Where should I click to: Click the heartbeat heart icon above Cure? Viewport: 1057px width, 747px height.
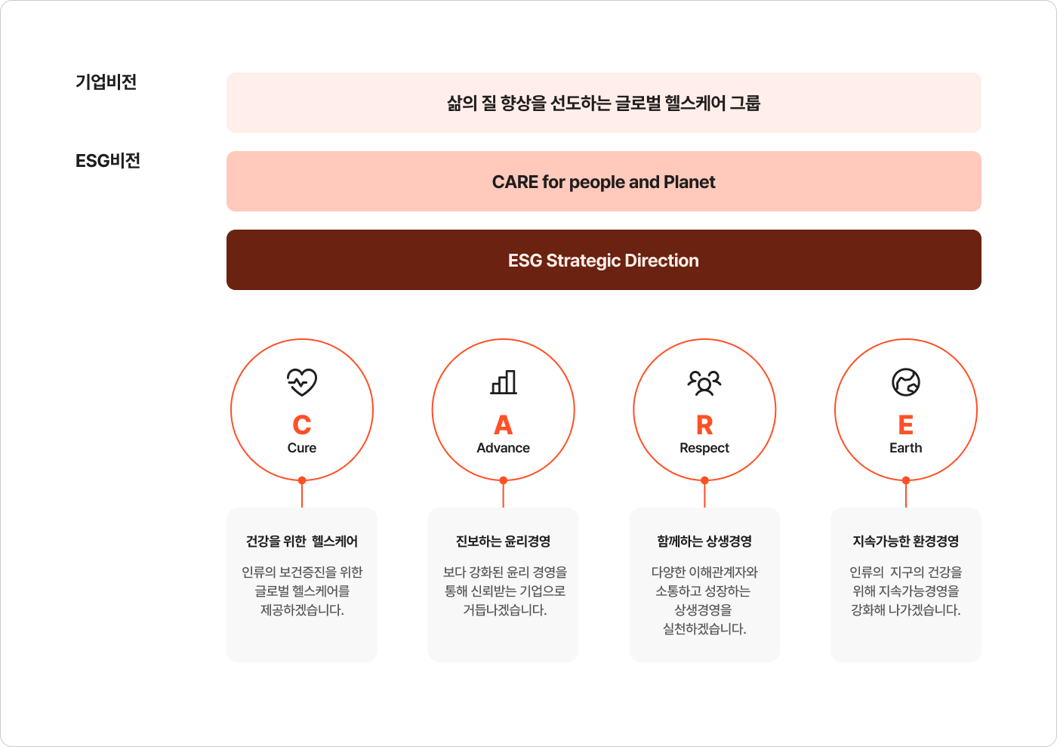(x=302, y=382)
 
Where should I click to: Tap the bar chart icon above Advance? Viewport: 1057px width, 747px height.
(x=504, y=382)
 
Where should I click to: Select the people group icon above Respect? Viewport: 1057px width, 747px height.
(x=704, y=382)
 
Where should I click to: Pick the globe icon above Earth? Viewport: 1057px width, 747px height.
(x=906, y=382)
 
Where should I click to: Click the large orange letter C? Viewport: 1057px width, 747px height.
(x=302, y=424)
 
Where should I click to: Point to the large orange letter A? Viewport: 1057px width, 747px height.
(x=504, y=424)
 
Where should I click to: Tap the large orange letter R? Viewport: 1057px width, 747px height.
(x=704, y=424)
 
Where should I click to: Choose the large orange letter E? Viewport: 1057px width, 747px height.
(x=906, y=424)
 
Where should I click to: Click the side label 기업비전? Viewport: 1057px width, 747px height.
(x=106, y=82)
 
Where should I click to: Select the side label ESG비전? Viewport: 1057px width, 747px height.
(x=108, y=160)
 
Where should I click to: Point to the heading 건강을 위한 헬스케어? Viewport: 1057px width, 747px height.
(x=302, y=541)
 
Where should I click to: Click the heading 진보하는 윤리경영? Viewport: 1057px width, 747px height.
(x=504, y=541)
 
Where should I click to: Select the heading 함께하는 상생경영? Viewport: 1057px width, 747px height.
(x=704, y=541)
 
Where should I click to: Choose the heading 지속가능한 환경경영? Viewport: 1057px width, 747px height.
(x=906, y=541)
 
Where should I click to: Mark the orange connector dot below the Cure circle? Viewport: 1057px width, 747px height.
(x=302, y=480)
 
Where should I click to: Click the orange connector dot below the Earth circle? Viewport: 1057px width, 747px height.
(x=906, y=480)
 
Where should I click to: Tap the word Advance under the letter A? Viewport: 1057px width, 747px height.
(x=504, y=448)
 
